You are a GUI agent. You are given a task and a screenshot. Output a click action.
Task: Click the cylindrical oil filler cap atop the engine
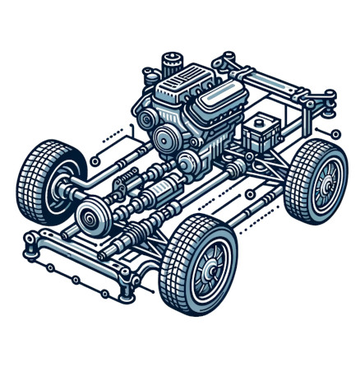pos(170,63)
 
